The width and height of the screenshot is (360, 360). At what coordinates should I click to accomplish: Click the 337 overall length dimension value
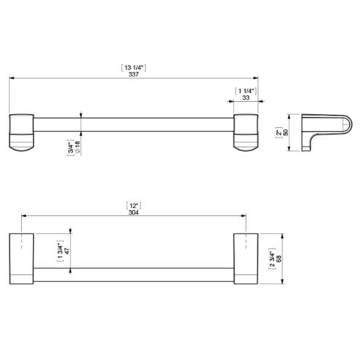point(134,74)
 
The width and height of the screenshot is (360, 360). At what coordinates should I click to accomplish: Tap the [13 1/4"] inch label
point(134,68)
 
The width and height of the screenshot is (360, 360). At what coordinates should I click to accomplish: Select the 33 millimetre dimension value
point(246,97)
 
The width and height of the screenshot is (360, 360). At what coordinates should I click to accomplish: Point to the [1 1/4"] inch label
point(246,91)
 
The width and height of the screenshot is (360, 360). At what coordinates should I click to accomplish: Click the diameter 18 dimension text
point(78,148)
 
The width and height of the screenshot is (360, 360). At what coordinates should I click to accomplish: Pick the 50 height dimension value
point(286,132)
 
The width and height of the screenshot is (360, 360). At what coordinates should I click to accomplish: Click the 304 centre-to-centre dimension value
point(134,212)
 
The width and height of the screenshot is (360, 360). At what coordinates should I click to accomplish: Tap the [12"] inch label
point(134,206)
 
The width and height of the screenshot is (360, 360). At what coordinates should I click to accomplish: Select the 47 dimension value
point(67,251)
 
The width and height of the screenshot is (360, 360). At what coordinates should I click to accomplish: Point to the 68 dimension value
point(279,259)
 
